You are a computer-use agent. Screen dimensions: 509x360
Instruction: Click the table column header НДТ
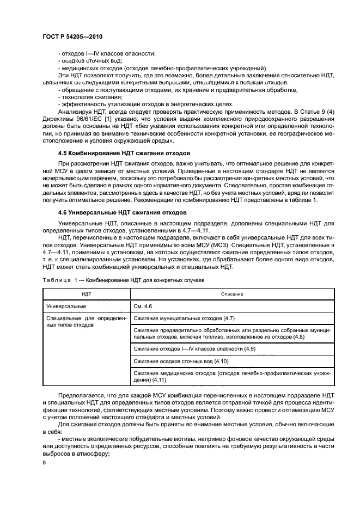point(86,294)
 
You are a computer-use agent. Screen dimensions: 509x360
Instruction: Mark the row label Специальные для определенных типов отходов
point(86,321)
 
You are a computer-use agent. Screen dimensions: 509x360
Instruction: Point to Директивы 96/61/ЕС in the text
point(67,118)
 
